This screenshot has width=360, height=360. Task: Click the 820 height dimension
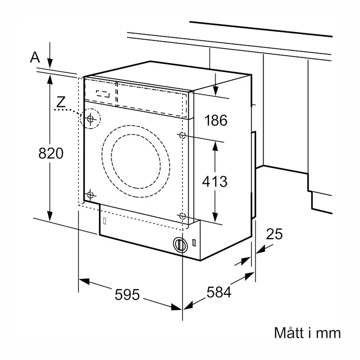[x=51, y=153]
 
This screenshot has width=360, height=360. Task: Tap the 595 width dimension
[x=127, y=294]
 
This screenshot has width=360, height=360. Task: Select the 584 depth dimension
[x=219, y=292]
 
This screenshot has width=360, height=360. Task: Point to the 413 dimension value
[x=215, y=181]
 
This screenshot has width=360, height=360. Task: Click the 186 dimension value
[x=216, y=120]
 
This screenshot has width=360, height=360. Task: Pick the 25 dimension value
[x=274, y=234]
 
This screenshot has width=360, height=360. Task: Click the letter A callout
[x=35, y=57]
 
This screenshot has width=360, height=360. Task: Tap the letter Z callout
[x=61, y=102]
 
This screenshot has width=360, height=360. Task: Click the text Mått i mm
[x=307, y=333]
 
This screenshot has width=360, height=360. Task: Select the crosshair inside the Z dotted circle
[x=90, y=119]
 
